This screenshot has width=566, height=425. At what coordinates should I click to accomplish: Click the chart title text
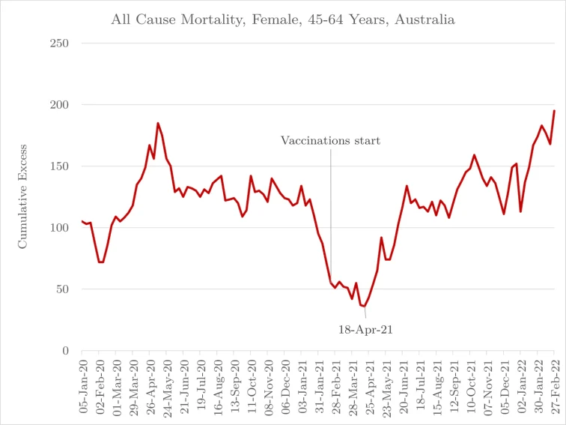pyautogui.click(x=282, y=19)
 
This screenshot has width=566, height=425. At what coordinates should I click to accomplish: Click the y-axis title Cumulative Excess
pyautogui.click(x=22, y=196)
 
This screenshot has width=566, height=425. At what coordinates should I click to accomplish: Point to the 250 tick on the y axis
pyautogui.click(x=59, y=43)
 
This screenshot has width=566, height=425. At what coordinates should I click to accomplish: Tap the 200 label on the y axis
pyautogui.click(x=59, y=105)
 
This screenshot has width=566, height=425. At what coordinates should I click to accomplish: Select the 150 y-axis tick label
pyautogui.click(x=59, y=166)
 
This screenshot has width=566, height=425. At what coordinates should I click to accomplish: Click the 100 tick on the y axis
pyautogui.click(x=59, y=228)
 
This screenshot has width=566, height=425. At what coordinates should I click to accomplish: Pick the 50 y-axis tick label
pyautogui.click(x=62, y=289)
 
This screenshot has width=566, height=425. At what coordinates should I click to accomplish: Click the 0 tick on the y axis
pyautogui.click(x=66, y=351)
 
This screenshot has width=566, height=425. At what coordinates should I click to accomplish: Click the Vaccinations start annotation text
pyautogui.click(x=330, y=140)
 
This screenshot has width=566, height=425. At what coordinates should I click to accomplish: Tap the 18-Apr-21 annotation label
pyautogui.click(x=367, y=328)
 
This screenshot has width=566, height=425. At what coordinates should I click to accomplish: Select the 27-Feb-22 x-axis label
pyautogui.click(x=554, y=382)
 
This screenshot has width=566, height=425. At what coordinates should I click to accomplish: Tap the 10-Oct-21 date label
pyautogui.click(x=474, y=382)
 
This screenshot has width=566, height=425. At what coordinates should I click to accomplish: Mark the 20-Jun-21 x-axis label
pyautogui.click(x=407, y=382)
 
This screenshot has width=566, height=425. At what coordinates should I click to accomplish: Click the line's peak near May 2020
pyautogui.click(x=158, y=123)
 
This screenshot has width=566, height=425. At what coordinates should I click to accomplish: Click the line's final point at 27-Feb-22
pyautogui.click(x=554, y=111)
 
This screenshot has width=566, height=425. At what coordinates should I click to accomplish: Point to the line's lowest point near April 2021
pyautogui.click(x=365, y=307)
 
